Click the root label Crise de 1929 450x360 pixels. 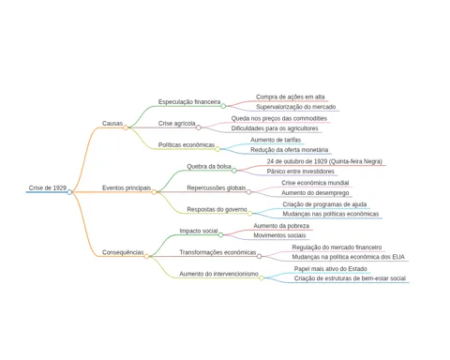48,187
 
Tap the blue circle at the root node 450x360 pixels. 69,192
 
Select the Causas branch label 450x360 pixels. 112,124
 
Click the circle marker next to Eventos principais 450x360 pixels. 154,192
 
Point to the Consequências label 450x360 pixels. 123,252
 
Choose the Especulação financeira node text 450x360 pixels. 189,102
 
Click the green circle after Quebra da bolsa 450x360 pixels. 234,171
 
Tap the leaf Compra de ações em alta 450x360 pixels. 291,97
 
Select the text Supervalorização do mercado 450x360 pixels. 296,107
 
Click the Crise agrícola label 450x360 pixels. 177,124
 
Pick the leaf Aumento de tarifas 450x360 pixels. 276,140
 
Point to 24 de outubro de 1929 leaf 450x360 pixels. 324,161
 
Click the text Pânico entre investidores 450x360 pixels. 301,172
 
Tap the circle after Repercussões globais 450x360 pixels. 248,192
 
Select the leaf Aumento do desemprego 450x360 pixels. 315,193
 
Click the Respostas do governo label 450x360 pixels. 217,209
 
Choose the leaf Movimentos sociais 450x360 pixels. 279,235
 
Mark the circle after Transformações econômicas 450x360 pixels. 260,257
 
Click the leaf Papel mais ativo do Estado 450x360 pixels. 331,269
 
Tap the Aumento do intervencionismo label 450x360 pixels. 218,274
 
